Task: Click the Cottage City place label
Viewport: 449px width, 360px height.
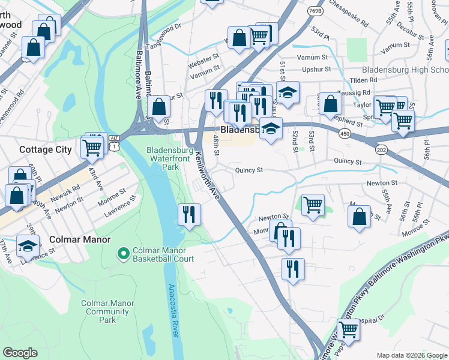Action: click(x=46, y=149)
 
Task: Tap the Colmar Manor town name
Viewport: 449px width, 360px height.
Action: click(x=81, y=239)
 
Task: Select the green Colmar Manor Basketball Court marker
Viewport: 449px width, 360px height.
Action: click(x=124, y=254)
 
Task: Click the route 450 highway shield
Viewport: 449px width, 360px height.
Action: click(x=345, y=134)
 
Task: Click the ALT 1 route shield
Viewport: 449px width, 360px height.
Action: click(x=114, y=142)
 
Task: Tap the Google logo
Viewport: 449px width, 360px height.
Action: click(x=20, y=353)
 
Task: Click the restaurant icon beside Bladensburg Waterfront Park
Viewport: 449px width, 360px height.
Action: click(x=190, y=214)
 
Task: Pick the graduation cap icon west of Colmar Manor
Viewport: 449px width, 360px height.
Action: click(x=28, y=246)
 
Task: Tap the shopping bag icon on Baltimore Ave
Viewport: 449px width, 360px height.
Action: click(x=159, y=108)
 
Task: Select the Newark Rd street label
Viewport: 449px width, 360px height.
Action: click(x=65, y=194)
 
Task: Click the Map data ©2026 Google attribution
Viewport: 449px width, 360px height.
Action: click(x=411, y=355)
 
